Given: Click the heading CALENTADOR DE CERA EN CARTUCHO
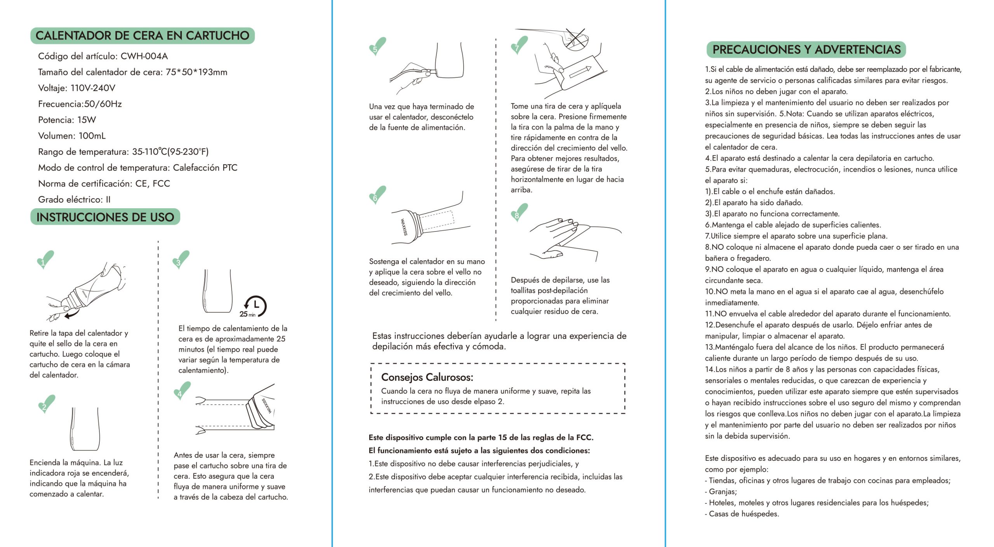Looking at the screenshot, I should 142,36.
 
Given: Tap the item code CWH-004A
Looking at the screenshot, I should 144,56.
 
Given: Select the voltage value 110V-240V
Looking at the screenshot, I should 93,88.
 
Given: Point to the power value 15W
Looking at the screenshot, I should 86,120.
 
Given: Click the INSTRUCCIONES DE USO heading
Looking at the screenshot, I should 105,217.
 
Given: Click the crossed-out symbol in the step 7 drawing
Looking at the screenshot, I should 575,39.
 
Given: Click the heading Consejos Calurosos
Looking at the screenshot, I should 427,377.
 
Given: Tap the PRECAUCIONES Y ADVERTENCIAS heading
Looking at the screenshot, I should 806,50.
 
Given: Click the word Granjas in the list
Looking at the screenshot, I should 723,492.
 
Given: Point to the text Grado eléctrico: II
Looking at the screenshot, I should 74,200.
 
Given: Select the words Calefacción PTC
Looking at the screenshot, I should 205,168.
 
